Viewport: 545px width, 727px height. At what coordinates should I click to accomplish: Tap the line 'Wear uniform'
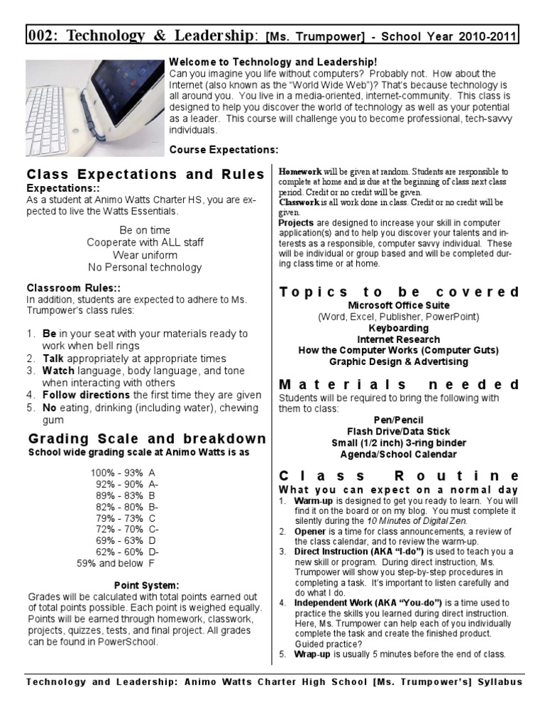pos(145,255)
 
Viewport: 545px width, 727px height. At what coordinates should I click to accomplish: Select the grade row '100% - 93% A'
pos(123,472)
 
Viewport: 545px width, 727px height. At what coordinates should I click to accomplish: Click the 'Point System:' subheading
pos(146,585)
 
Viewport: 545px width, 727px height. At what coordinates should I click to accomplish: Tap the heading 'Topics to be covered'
pos(399,292)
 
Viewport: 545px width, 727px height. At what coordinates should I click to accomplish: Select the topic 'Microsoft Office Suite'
pos(398,305)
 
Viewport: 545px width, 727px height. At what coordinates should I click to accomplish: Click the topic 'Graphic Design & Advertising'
pos(398,362)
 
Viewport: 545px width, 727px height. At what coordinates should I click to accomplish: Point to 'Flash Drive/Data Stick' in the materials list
pos(398,432)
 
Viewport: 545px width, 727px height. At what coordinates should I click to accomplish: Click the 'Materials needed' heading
pos(399,385)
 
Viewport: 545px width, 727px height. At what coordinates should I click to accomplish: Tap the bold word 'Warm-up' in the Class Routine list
pos(312,501)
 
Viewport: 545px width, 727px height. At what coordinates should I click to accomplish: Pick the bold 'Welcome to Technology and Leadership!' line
pos(272,62)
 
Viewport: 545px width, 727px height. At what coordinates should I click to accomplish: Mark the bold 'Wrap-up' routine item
pos(312,654)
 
